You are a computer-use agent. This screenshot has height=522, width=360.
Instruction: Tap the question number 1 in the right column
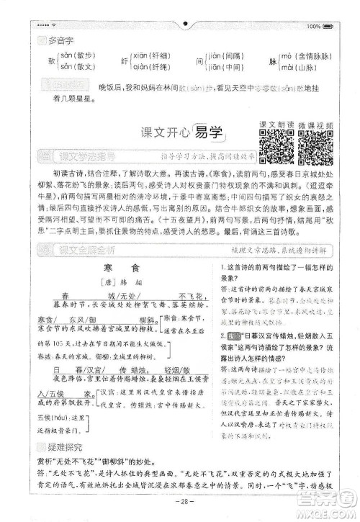(x=224, y=267)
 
